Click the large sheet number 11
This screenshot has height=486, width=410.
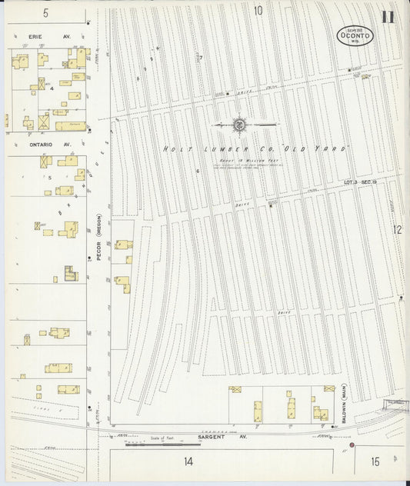[x=388, y=17]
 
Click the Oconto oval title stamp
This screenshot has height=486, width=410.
[x=355, y=35]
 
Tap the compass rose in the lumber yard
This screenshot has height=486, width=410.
[x=239, y=124]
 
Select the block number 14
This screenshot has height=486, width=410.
[x=188, y=461]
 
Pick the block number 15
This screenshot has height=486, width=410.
[x=375, y=461]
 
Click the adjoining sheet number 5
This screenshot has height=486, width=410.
[x=45, y=13]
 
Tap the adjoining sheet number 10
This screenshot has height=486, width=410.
[x=258, y=11]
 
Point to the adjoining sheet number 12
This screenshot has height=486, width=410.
[x=397, y=229]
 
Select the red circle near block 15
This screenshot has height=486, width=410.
[x=352, y=445]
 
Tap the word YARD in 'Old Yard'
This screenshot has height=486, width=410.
[x=333, y=148]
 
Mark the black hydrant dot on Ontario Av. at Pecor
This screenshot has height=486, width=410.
[x=90, y=131]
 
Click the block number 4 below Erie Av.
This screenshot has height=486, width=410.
[x=52, y=88]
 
